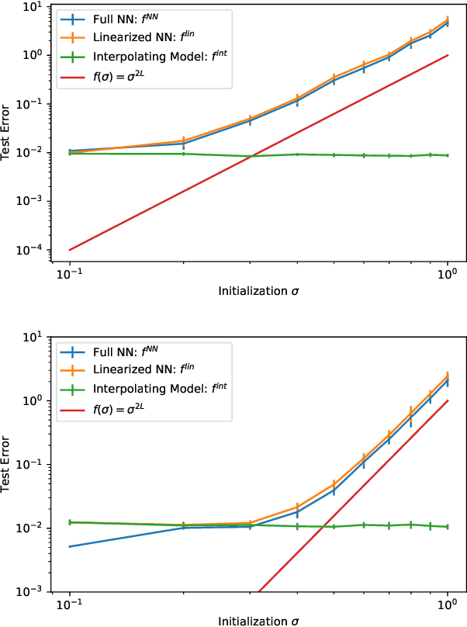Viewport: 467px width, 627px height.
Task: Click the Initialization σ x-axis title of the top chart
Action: click(258, 291)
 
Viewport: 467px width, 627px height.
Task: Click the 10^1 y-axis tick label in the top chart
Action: click(34, 7)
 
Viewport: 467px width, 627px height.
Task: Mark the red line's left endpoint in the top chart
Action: click(71, 250)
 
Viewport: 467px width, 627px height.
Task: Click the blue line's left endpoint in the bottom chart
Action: click(71, 547)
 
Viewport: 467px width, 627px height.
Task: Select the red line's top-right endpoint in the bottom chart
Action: click(448, 400)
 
